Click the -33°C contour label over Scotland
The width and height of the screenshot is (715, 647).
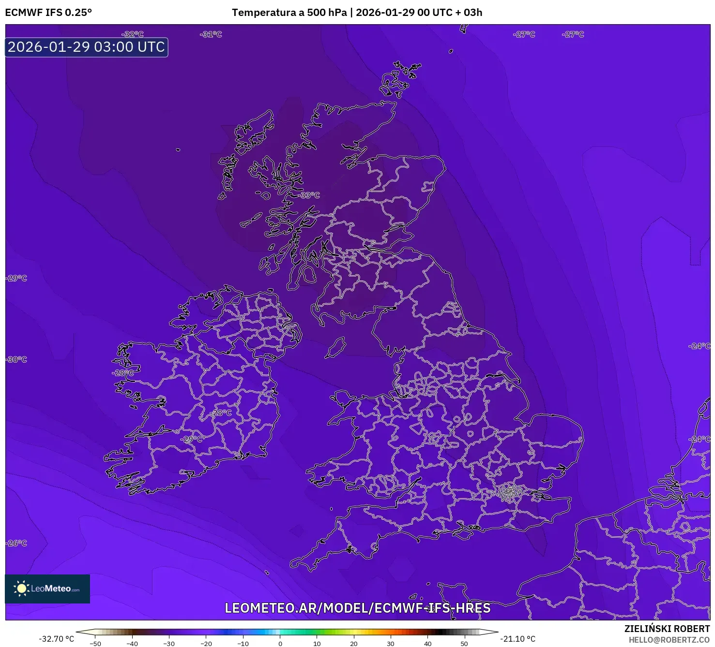point(310,195)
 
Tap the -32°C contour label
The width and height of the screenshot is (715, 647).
point(133,34)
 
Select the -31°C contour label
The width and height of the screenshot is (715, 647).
point(211,34)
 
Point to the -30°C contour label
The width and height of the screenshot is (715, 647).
point(17,359)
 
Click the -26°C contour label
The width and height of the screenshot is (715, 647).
point(17,543)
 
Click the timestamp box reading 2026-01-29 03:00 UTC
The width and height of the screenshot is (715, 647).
point(86,47)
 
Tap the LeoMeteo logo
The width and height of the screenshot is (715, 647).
point(47,588)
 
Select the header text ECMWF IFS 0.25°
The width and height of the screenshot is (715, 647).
point(48,13)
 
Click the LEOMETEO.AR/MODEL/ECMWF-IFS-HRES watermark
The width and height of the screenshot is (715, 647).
point(357,608)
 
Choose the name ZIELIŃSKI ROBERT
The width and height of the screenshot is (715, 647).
point(667,629)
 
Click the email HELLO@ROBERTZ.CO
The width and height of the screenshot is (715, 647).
point(669,640)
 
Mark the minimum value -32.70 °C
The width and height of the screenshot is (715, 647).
point(57,639)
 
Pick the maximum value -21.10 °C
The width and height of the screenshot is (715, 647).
point(517,639)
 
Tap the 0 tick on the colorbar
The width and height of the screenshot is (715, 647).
point(280,644)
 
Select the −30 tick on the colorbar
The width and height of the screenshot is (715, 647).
point(168,644)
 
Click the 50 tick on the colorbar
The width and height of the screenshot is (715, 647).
point(464,644)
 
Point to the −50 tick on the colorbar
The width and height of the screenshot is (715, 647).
point(95,644)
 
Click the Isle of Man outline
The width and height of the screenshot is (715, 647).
point(335,348)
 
